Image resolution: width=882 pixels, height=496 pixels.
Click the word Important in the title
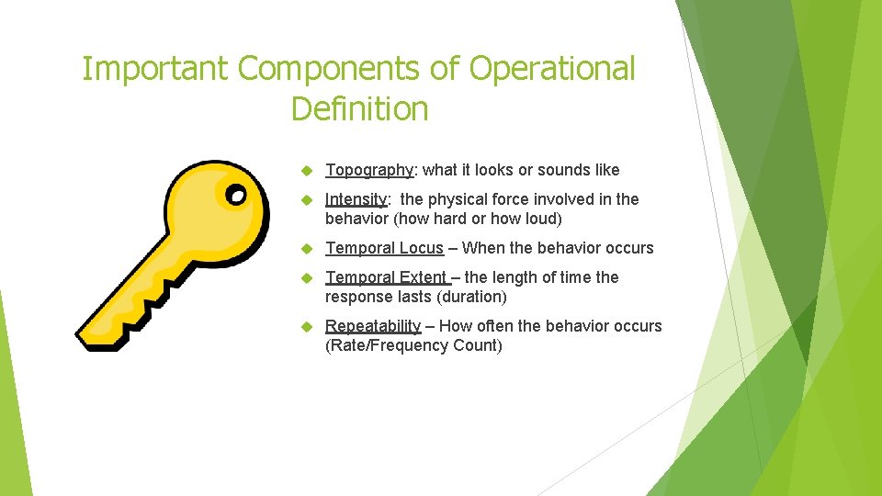(153, 69)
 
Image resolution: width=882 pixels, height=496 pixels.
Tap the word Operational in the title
(552, 69)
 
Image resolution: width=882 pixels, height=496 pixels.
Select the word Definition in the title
(359, 109)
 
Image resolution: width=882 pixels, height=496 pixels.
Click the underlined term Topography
(370, 170)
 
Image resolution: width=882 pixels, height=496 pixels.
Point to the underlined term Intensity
(356, 199)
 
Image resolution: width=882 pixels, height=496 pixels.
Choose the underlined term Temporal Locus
(384, 248)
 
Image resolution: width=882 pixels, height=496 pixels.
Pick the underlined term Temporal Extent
(386, 277)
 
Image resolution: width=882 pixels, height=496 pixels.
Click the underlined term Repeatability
(373, 326)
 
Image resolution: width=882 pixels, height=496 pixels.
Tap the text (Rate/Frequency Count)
(413, 345)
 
